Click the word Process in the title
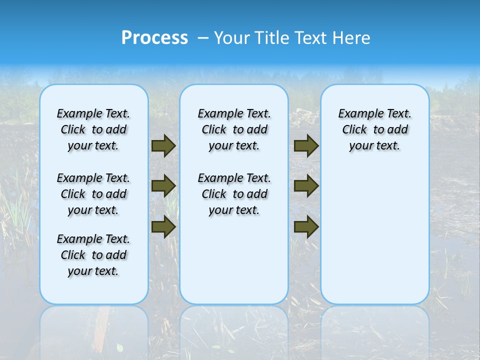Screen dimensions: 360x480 154,37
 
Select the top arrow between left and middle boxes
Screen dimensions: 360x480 163,145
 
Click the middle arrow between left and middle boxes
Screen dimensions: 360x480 163,186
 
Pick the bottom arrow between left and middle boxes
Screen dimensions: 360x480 163,227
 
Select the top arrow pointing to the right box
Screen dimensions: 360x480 306,145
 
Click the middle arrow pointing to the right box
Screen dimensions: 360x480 306,186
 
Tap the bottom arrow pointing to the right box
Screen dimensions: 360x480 306,227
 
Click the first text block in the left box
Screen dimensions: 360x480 93,129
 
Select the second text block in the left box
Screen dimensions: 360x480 93,194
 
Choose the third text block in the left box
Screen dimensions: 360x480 93,255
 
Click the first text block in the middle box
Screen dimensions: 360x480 234,129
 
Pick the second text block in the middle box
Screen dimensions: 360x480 234,194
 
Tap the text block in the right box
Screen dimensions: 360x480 375,129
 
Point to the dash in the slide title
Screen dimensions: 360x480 203,38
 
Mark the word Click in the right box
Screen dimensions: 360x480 354,130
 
